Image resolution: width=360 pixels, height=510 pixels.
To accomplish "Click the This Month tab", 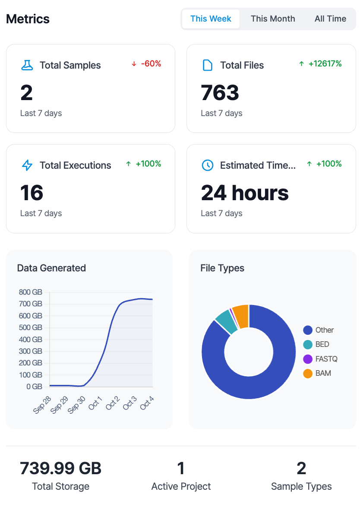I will pyautogui.click(x=273, y=19).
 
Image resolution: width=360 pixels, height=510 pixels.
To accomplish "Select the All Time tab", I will pyautogui.click(x=330, y=19).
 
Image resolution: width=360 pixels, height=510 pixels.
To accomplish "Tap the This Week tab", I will pyautogui.click(x=211, y=19).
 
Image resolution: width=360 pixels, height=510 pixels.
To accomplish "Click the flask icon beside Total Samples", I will pyautogui.click(x=27, y=65).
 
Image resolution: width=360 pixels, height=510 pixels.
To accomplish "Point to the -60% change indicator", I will pyautogui.click(x=146, y=64).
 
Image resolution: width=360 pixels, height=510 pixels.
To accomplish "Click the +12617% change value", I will pyautogui.click(x=320, y=64).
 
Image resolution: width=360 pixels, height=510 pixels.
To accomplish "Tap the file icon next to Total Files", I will pyautogui.click(x=208, y=65).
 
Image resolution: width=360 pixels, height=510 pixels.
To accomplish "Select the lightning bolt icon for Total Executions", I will pyautogui.click(x=27, y=165).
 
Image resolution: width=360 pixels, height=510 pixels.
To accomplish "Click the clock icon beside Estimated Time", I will pyautogui.click(x=208, y=165).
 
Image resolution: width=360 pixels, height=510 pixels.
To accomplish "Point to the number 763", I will pyautogui.click(x=220, y=93).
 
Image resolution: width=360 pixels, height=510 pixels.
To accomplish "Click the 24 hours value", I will pyautogui.click(x=245, y=193).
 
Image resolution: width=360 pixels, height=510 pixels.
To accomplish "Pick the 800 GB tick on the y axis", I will pyautogui.click(x=31, y=292).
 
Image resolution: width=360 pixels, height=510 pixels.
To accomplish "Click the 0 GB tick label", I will pyautogui.click(x=34, y=387).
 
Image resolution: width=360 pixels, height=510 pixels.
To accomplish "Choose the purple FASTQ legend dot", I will pyautogui.click(x=308, y=359).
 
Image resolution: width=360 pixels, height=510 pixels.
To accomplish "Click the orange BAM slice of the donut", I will pyautogui.click(x=240, y=316).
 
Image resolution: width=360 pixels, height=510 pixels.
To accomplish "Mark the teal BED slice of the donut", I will pyautogui.click(x=226, y=322).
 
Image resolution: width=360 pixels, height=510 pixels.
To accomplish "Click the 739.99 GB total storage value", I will pyautogui.click(x=61, y=468).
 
